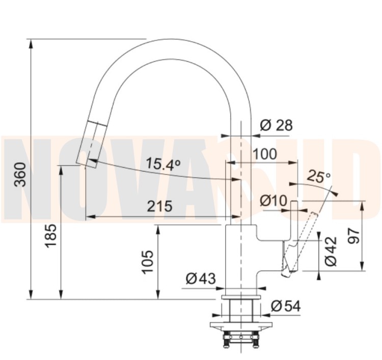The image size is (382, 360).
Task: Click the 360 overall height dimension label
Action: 20,174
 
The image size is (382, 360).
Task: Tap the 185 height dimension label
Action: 50,236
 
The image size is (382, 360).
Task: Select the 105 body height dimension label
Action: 148,262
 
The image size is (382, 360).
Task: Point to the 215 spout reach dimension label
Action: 159,206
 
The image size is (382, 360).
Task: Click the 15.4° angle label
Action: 163,163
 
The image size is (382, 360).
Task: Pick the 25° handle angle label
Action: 318,176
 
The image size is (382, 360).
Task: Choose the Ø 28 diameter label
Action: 276,125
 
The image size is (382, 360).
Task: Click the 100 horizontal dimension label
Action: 265,154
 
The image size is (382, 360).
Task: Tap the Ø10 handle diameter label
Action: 274,201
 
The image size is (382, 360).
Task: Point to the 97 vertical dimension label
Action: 353,236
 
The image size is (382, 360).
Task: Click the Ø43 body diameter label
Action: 201,279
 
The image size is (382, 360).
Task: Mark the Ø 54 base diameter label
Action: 286,306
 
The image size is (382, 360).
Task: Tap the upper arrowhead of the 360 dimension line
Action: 31,44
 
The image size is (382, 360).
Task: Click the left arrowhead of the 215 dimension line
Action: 90,216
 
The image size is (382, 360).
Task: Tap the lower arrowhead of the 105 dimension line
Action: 158,294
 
